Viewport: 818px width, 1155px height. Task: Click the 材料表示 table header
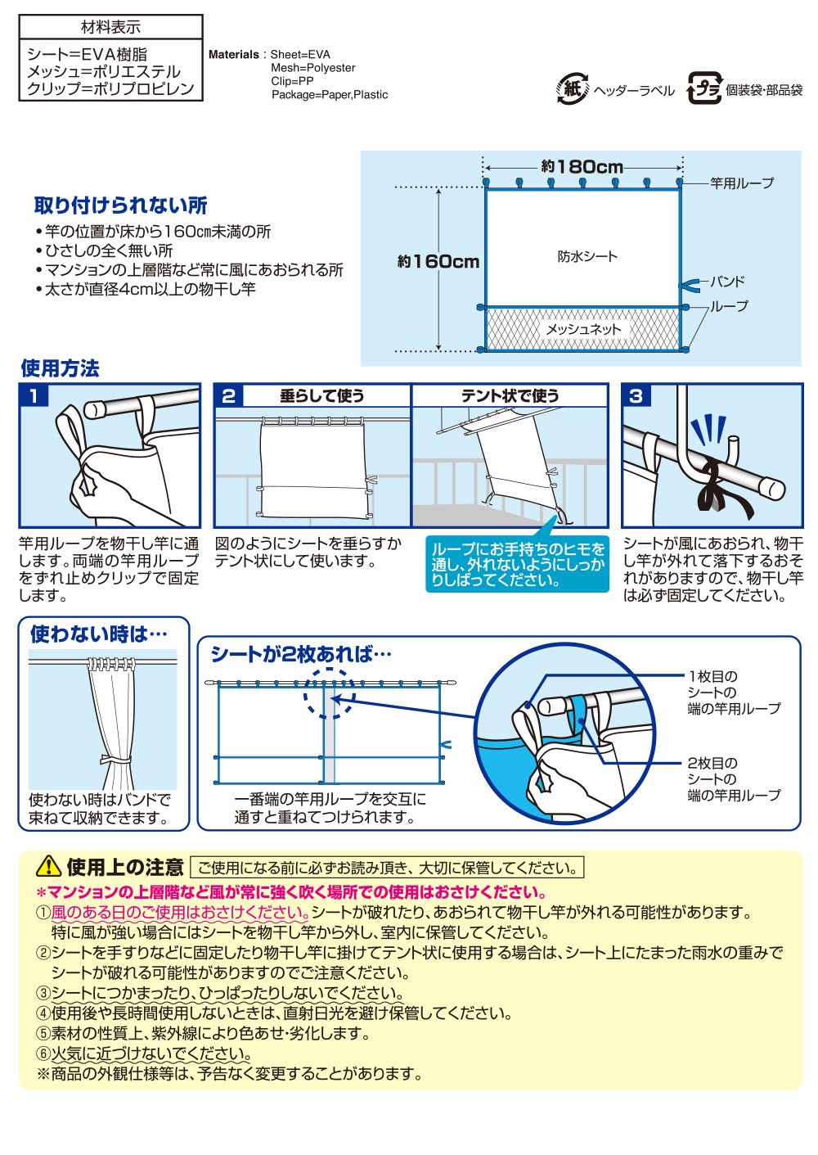click(110, 27)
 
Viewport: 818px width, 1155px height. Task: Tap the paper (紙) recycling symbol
click(573, 88)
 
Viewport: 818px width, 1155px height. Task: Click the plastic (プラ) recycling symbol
click(704, 88)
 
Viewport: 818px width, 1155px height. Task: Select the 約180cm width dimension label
click(582, 166)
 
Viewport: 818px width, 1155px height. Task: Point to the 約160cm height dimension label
click(438, 261)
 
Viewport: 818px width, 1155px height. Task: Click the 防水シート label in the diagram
click(587, 256)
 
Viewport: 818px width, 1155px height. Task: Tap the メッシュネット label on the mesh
click(583, 329)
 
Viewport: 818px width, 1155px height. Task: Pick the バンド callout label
click(727, 282)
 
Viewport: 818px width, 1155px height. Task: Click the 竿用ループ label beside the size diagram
click(742, 183)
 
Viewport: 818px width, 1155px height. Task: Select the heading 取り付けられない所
click(120, 205)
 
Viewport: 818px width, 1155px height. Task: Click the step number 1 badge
click(34, 396)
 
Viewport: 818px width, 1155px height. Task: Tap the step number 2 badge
click(229, 396)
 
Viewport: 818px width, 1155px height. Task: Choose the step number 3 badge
click(636, 396)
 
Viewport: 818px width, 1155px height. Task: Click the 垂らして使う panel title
click(322, 396)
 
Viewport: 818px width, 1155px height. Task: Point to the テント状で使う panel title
click(510, 396)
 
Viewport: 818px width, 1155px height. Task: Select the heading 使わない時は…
click(98, 634)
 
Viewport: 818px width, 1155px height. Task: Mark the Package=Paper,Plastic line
click(330, 95)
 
